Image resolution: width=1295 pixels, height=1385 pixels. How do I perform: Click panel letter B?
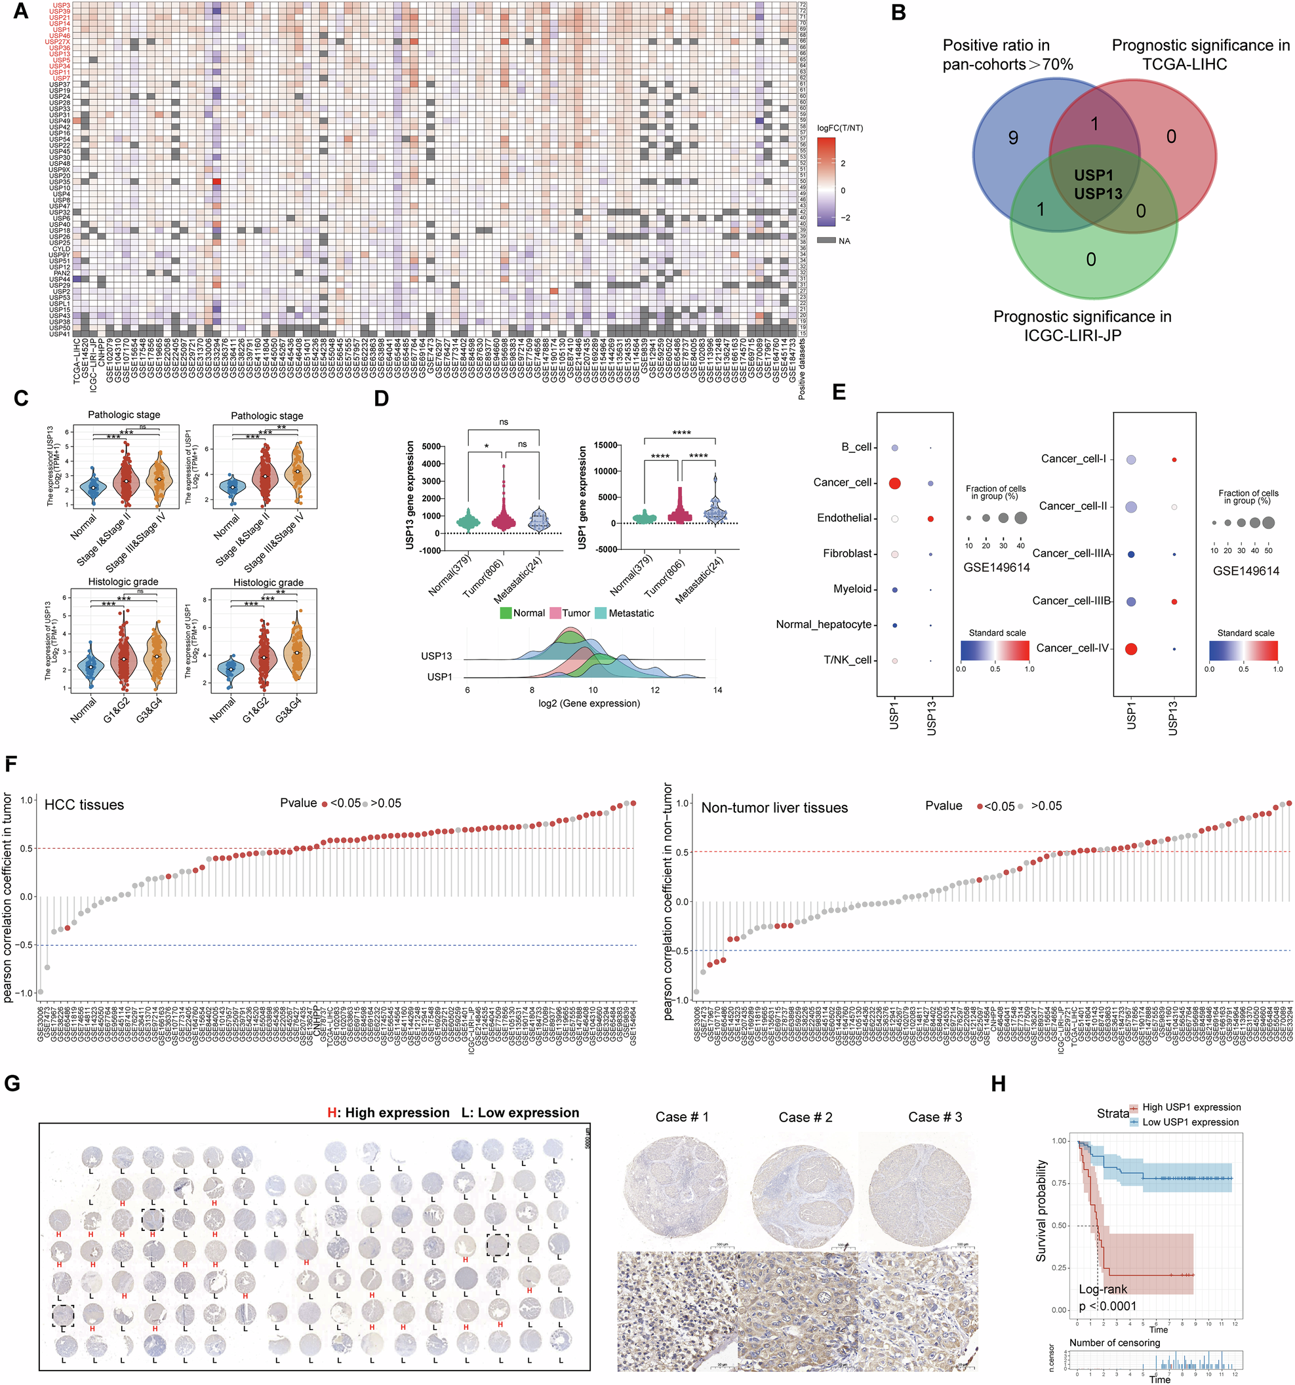point(898,13)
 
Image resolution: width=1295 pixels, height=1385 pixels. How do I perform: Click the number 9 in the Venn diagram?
point(1012,138)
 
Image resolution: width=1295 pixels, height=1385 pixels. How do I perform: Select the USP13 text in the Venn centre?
point(1098,193)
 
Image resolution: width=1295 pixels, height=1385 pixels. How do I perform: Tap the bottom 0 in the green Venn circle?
point(1091,260)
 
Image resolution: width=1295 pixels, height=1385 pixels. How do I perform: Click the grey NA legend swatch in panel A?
point(826,241)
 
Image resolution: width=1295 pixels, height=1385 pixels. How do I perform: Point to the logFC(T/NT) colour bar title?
point(839,128)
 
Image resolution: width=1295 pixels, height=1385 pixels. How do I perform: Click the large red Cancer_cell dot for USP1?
point(895,483)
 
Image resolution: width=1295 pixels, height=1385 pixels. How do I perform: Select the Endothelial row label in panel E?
point(844,518)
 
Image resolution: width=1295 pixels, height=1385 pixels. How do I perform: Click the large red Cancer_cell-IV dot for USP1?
point(1131,649)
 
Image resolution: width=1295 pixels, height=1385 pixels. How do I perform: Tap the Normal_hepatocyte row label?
point(824,624)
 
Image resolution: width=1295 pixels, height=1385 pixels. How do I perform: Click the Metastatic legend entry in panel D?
point(630,613)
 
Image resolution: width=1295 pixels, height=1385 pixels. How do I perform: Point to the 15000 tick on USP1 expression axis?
point(605,445)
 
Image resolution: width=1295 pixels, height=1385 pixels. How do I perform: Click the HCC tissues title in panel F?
point(84,805)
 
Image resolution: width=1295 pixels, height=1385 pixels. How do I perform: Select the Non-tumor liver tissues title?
point(774,808)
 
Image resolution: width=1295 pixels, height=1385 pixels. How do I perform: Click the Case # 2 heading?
point(805,1117)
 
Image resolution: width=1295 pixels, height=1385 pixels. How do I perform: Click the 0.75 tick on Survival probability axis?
point(1059,1183)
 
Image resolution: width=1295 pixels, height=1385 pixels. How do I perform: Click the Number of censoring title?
point(1115,1342)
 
